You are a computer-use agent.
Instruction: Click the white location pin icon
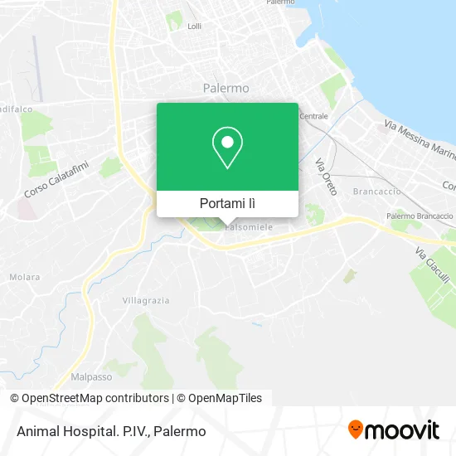tap(227, 148)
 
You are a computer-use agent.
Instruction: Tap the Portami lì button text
tap(227, 203)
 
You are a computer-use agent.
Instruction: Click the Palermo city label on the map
tap(226, 87)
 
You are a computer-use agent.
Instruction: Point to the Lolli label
tap(195, 27)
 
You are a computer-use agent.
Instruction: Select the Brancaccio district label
tap(376, 191)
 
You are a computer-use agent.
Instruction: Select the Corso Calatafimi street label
tap(56, 178)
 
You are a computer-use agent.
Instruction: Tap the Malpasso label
tap(91, 376)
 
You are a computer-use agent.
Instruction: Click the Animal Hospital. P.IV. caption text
tap(110, 431)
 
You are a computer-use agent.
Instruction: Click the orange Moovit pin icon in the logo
tap(356, 430)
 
